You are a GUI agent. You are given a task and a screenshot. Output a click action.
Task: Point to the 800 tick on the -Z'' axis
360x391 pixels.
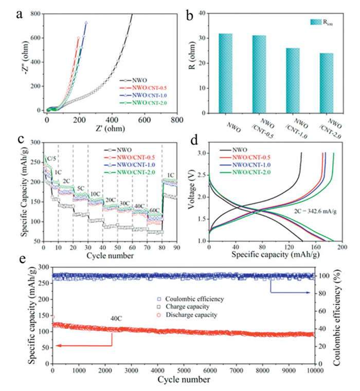tap(35, 14)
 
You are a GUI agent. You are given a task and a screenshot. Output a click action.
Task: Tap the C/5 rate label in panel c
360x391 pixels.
tap(54, 158)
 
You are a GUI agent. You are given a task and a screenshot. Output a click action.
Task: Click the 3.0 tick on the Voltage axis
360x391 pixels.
tap(202, 154)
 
